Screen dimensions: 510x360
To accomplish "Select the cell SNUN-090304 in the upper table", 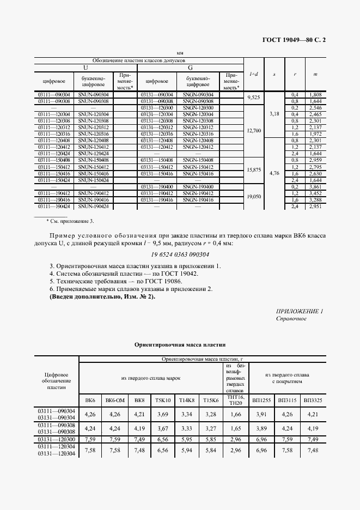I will tap(94, 94).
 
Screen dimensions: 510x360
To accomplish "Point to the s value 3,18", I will tap(274, 114).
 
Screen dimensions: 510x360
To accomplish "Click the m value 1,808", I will tap(315, 94).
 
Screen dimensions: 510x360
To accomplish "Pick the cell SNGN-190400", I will tap(197, 186).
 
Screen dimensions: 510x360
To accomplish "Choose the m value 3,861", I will tap(315, 186).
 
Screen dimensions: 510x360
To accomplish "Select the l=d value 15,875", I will tap(254, 170).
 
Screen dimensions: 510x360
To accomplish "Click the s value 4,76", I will tap(274, 173).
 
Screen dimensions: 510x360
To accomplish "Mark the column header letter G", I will tap(190, 68).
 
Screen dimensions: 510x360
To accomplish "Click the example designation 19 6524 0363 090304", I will tap(180, 254).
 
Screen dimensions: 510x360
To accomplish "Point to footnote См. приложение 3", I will tap(71, 221).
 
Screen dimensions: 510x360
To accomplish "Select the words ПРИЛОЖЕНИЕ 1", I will tap(300, 311).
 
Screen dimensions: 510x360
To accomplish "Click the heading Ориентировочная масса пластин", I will tap(180, 345).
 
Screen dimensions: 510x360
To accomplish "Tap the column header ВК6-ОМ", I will tap(115, 400).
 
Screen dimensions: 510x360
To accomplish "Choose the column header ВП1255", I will tap(260, 400).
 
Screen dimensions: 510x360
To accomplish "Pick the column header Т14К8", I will tap(186, 400).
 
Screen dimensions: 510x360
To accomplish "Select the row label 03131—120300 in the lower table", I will tap(57, 439).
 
